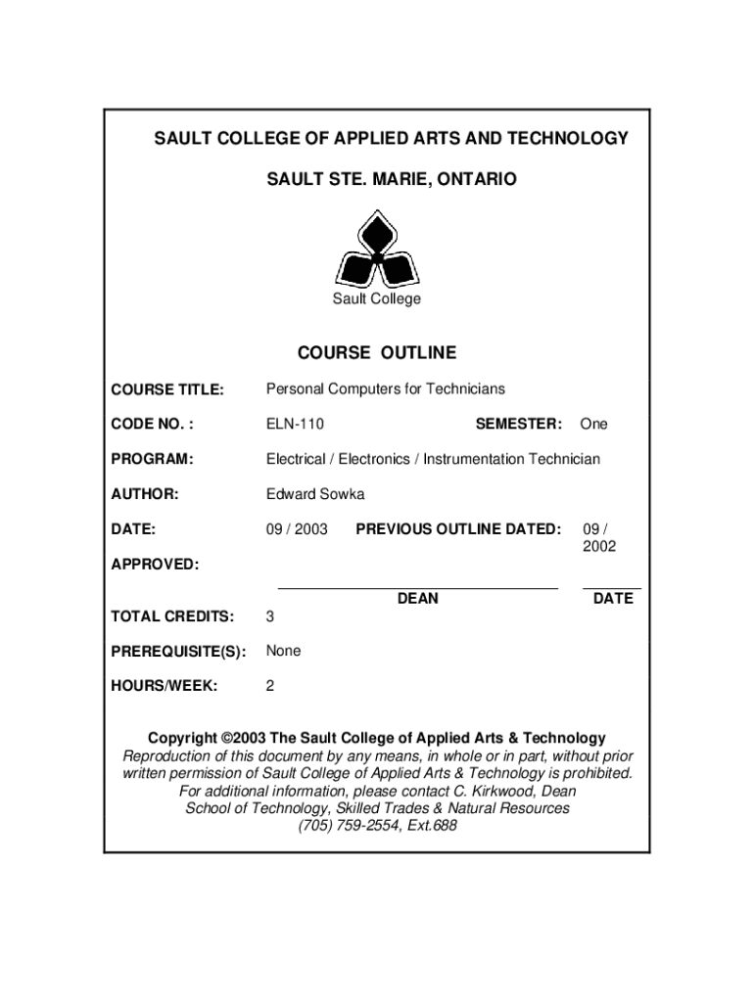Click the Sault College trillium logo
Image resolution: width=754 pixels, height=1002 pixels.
point(377,250)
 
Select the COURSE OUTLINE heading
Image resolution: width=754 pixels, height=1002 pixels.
point(377,352)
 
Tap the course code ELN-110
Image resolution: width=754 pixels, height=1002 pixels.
point(295,424)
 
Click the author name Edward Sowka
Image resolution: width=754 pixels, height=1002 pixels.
point(315,494)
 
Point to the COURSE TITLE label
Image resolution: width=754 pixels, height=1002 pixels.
point(167,389)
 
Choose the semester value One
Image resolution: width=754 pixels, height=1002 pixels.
point(593,424)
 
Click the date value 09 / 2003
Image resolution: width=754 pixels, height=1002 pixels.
point(297,529)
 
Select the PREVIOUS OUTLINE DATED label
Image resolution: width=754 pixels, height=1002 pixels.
point(458,529)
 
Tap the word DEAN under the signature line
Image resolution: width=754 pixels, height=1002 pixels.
point(418,598)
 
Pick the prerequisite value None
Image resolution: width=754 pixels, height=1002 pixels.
point(284,651)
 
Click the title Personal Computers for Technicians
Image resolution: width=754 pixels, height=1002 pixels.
point(386,389)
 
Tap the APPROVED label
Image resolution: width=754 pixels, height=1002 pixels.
point(155,565)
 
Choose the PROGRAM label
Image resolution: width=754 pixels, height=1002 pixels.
point(152,459)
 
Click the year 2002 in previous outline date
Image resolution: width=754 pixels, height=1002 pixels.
point(599,547)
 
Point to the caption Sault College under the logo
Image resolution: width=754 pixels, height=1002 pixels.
point(377,298)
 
